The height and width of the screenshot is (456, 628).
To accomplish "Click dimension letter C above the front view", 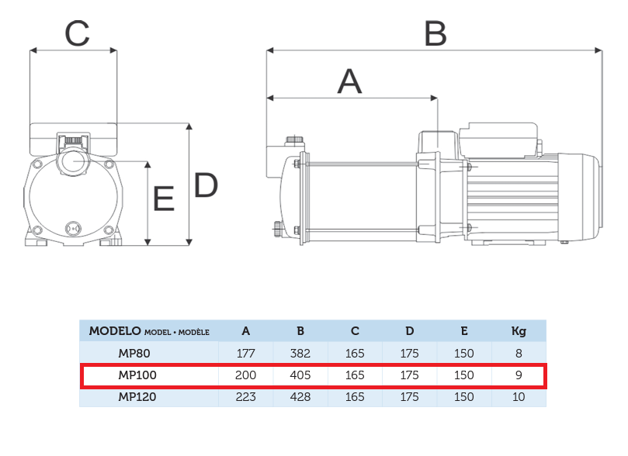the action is pyautogui.click(x=78, y=33).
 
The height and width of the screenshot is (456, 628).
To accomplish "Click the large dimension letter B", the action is pyautogui.click(x=435, y=33).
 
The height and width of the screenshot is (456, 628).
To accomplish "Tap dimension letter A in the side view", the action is pyautogui.click(x=349, y=81).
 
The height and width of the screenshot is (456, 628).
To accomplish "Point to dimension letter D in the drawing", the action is pyautogui.click(x=206, y=185).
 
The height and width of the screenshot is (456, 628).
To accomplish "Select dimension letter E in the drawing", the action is pyautogui.click(x=164, y=199).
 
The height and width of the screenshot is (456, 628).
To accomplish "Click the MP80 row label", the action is pyautogui.click(x=134, y=354).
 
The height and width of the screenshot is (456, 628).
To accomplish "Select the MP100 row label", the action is pyautogui.click(x=137, y=375).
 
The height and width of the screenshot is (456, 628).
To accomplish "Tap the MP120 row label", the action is pyautogui.click(x=137, y=397).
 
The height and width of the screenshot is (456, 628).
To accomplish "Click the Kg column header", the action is pyautogui.click(x=519, y=332).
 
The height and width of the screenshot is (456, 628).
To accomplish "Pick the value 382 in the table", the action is pyautogui.click(x=300, y=354).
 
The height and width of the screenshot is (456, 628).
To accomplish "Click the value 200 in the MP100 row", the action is pyautogui.click(x=245, y=375).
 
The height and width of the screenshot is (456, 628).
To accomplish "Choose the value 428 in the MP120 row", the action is pyautogui.click(x=300, y=397).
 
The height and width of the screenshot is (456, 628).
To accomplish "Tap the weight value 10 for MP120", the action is pyautogui.click(x=519, y=397).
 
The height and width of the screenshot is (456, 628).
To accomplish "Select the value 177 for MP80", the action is pyautogui.click(x=245, y=354).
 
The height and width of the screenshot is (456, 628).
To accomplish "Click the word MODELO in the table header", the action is pyautogui.click(x=115, y=331).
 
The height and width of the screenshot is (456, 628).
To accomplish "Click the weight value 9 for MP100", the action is pyautogui.click(x=519, y=375).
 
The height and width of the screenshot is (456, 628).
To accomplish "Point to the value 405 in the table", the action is pyautogui.click(x=300, y=375).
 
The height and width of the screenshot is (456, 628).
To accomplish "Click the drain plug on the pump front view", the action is pyautogui.click(x=73, y=229).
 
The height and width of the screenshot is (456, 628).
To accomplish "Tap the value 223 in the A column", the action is pyautogui.click(x=245, y=397).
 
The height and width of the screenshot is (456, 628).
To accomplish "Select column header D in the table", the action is pyautogui.click(x=409, y=331).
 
